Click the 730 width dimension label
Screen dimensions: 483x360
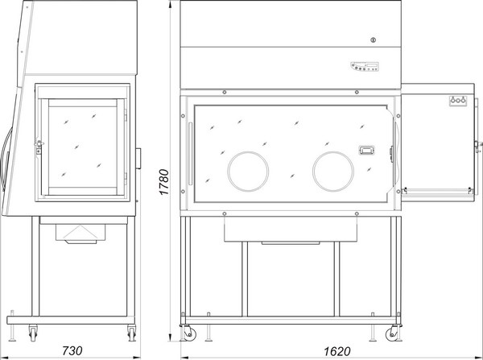pos(72,350)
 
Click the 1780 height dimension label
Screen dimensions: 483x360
pos(164,182)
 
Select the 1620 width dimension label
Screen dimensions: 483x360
pos(337,351)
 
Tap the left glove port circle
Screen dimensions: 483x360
pos(248,172)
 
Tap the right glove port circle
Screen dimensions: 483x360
pos(333,172)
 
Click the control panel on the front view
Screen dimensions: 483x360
pos(365,66)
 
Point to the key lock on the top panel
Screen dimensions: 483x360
pos(373,40)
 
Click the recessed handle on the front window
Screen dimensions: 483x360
pos(365,150)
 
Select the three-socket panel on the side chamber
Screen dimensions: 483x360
pos(458,101)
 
